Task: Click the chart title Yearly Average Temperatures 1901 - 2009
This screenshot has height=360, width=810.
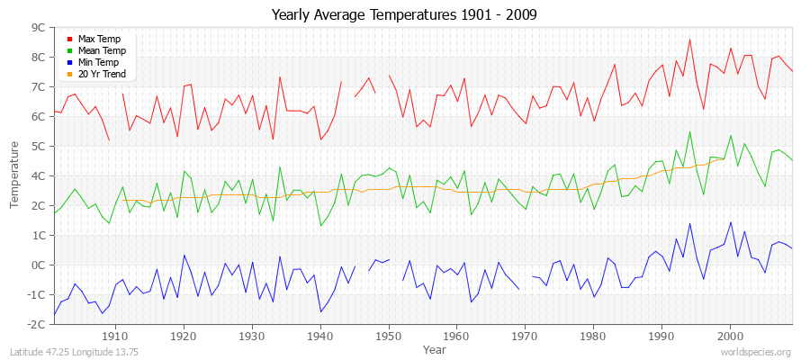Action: coord(404,15)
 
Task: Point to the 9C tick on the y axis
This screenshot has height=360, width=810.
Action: coord(39,28)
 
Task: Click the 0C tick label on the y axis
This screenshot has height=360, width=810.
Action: coord(39,265)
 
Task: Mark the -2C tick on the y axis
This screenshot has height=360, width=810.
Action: coord(37,324)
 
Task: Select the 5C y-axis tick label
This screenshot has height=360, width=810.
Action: coord(39,146)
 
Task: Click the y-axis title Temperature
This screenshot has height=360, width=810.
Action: coord(14,175)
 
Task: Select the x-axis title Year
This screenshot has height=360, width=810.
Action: coord(434,348)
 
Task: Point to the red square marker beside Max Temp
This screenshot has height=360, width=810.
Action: coord(69,40)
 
